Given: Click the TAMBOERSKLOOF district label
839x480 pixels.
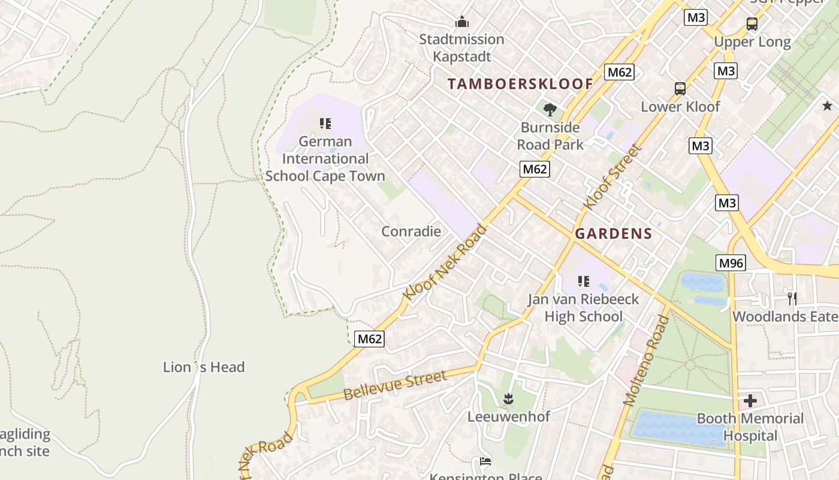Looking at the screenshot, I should [520, 84].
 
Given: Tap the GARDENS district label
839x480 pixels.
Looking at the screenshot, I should [613, 234].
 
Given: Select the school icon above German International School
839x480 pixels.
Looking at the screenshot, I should [325, 124].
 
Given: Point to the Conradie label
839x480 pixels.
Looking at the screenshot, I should [411, 232].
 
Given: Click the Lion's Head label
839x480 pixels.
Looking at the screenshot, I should [204, 367].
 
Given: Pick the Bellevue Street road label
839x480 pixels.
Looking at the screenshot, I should [395, 386].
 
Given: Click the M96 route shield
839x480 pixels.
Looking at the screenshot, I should [731, 263].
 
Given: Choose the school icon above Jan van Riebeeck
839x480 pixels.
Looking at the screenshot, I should [584, 281].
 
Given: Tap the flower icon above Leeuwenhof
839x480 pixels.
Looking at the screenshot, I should [508, 398].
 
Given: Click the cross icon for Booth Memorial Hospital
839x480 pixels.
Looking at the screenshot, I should [750, 401].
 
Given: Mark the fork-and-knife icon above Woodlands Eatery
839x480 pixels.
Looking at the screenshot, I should [792, 298].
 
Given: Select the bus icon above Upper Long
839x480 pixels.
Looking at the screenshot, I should [752, 24].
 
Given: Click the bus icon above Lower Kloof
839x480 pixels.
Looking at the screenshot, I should [680, 89].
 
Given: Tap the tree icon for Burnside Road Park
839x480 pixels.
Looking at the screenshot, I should [550, 109].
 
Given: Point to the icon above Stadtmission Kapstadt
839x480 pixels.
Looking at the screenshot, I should [461, 22].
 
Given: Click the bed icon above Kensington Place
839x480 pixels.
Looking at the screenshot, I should [485, 461].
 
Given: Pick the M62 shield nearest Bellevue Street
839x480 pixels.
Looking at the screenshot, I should [369, 339].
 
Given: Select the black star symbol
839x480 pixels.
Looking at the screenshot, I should [827, 106].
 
